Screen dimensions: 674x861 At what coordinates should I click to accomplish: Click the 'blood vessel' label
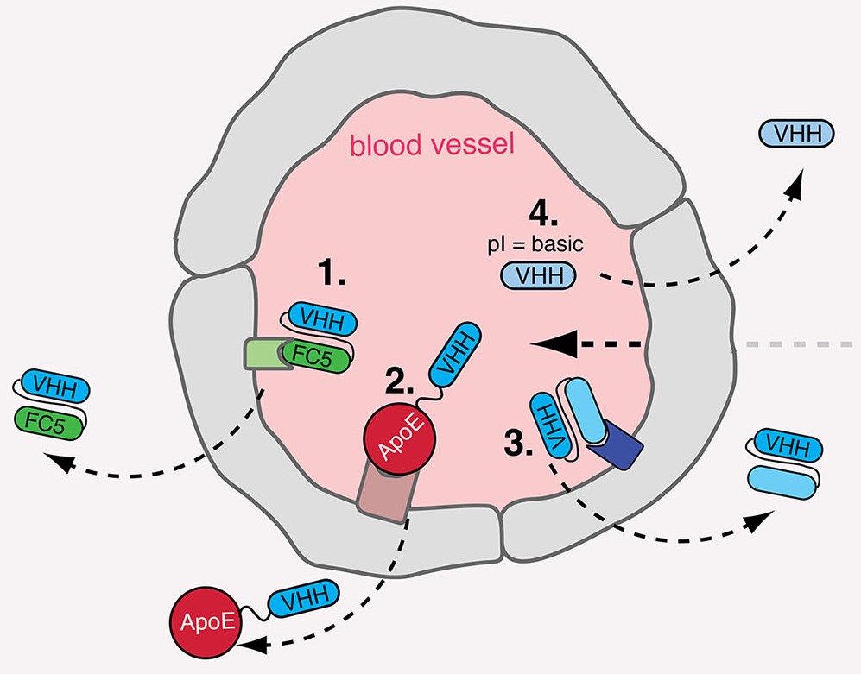tap(431, 145)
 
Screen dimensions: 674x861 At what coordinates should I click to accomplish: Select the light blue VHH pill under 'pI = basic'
tap(538, 277)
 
